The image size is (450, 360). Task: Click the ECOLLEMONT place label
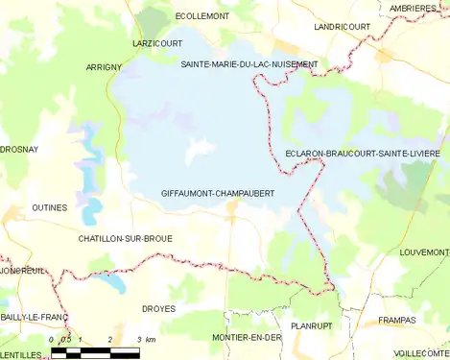pyautogui.click(x=202, y=16)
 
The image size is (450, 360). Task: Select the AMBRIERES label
pyautogui.click(x=418, y=8)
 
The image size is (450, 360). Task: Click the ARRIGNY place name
pyautogui.click(x=104, y=67)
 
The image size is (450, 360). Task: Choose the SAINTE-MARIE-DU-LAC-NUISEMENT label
pyautogui.click(x=249, y=63)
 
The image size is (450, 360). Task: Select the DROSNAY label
pyautogui.click(x=19, y=150)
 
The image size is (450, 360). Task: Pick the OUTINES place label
pyautogui.click(x=49, y=207)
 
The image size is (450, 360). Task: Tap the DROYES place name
pyautogui.click(x=158, y=309)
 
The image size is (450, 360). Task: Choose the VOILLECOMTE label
pyautogui.click(x=421, y=352)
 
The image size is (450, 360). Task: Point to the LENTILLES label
pyautogui.click(x=21, y=354)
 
